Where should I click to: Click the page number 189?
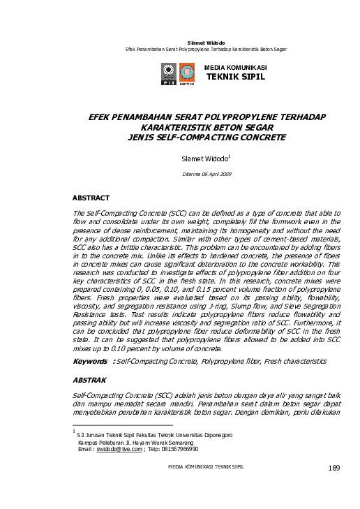pyautogui.click(x=333, y=467)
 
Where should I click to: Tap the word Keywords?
pyautogui.click(x=92, y=362)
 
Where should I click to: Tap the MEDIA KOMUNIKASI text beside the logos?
pyautogui.click(x=235, y=67)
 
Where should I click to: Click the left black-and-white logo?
pyautogui.click(x=169, y=73)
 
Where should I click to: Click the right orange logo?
pyautogui.click(x=186, y=73)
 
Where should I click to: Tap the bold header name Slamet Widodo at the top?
pyautogui.click(x=206, y=44)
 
